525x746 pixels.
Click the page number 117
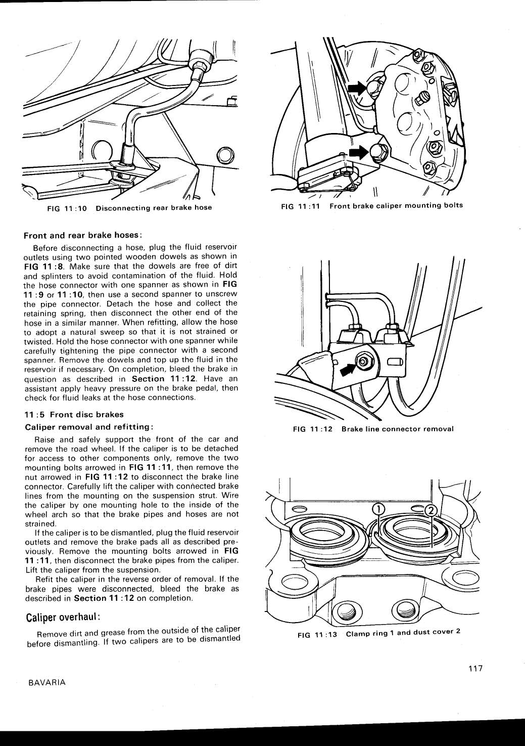coord(475,669)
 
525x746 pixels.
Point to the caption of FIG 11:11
coord(372,205)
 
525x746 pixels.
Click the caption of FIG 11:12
coord(373,429)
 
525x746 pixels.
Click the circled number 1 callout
coord(379,509)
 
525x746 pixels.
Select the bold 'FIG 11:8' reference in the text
coord(40,267)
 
